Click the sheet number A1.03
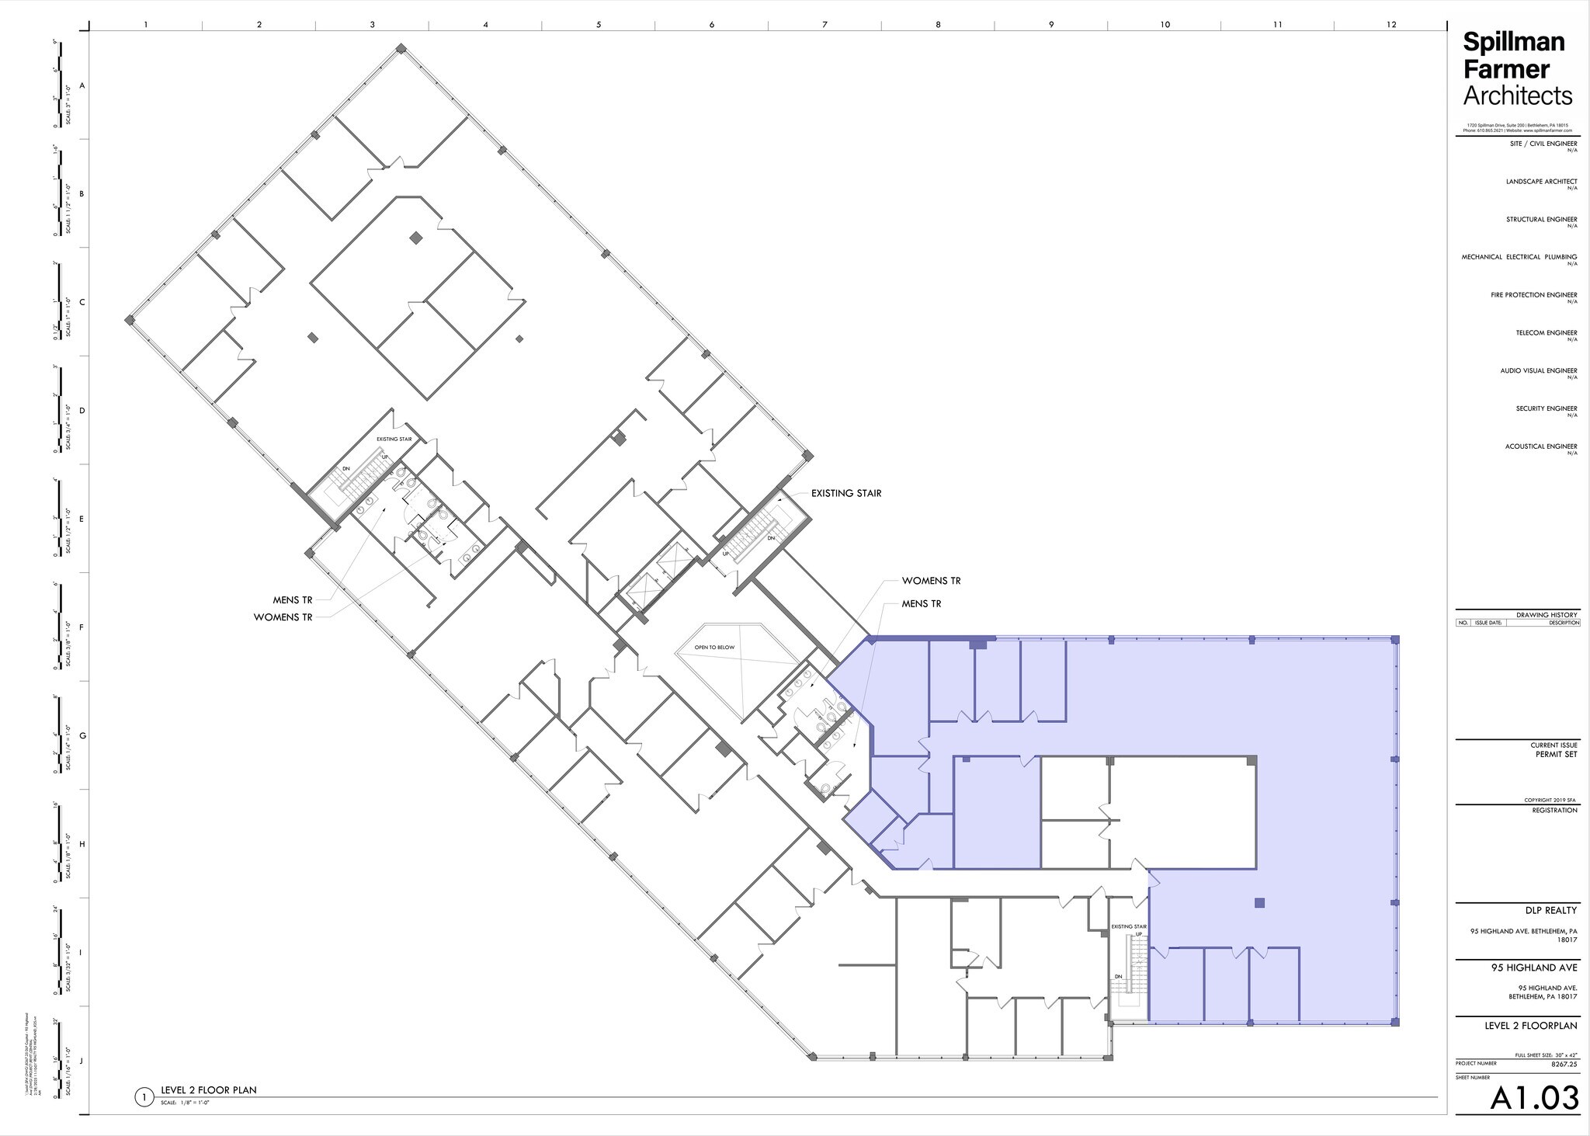tap(1533, 1098)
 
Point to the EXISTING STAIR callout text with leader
tap(846, 493)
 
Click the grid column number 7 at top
tap(825, 25)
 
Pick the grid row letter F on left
tap(82, 627)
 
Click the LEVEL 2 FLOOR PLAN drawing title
tap(208, 1090)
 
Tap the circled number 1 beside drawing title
tap(143, 1097)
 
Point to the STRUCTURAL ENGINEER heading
tap(1541, 220)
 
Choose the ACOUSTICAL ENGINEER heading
tap(1540, 446)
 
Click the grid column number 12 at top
tap(1391, 25)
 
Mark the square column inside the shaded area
tap(1259, 902)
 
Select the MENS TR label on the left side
tap(293, 600)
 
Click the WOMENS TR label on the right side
tap(931, 581)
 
